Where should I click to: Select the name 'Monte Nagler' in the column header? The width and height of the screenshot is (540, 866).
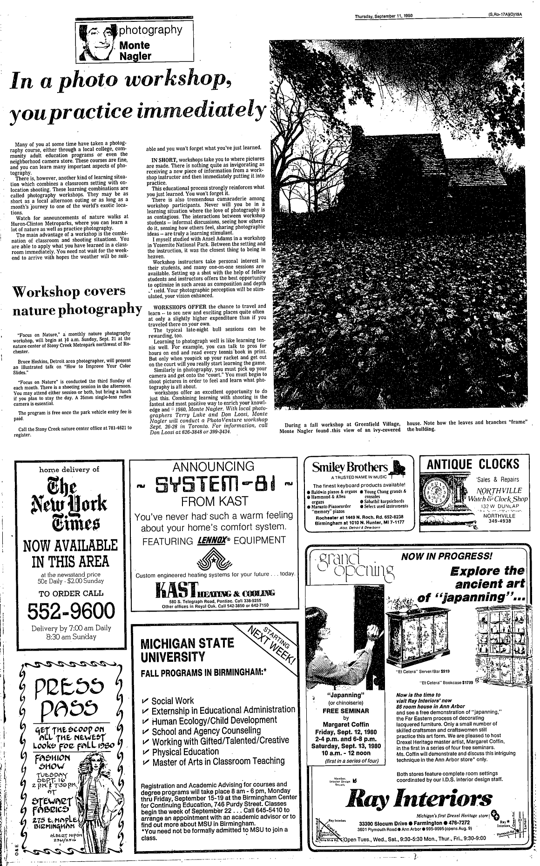click(135, 51)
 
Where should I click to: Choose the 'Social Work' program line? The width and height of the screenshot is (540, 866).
click(173, 701)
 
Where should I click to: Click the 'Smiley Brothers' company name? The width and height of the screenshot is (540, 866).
click(350, 467)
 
